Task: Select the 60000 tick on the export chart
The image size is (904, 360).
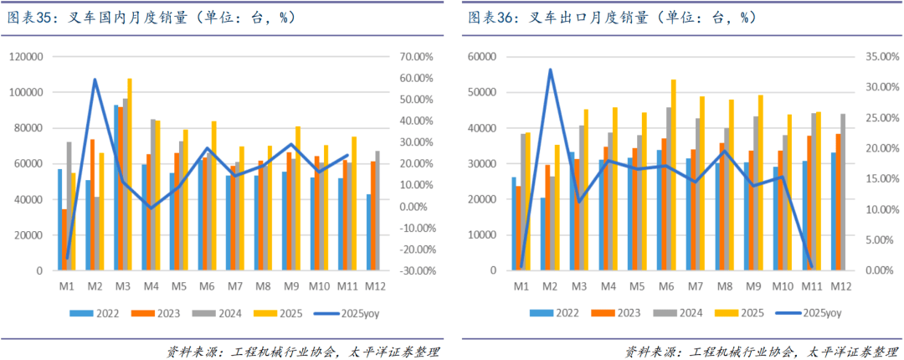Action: coord(482,57)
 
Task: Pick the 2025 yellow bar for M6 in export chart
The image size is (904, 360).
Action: coord(673,175)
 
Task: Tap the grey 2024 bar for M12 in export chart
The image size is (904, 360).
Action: coord(841,192)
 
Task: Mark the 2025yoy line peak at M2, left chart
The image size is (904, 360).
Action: coord(95,80)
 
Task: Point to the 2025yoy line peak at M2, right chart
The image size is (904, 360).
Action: coord(550,69)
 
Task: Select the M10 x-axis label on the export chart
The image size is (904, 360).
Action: coord(782,286)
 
